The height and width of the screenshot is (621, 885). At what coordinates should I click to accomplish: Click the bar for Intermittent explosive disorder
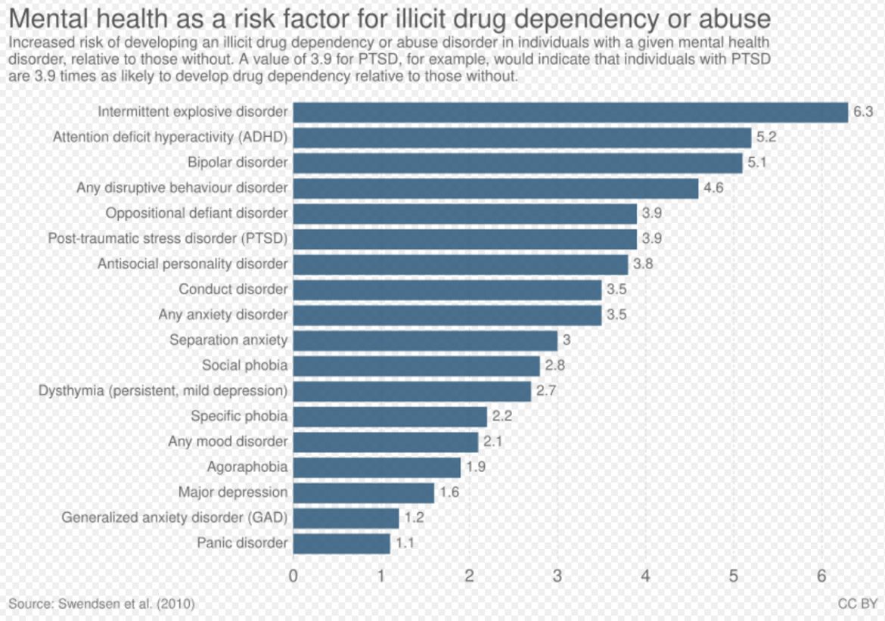[570, 112]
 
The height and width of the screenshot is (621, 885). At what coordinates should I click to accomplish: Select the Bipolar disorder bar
[517, 163]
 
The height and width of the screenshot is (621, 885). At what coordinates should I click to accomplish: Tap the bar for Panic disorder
[341, 543]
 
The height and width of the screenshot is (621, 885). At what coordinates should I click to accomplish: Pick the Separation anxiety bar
[425, 340]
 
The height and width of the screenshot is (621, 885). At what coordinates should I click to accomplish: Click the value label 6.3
[863, 112]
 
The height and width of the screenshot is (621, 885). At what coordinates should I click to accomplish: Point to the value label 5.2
[766, 137]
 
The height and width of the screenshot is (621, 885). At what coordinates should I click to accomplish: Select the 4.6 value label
[713, 188]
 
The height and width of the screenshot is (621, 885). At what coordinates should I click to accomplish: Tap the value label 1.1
[405, 543]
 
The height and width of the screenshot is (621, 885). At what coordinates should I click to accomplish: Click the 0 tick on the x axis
[293, 576]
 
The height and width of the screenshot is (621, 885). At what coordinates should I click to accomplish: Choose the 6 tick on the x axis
[821, 576]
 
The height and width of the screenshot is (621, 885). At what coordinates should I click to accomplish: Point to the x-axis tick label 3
[557, 576]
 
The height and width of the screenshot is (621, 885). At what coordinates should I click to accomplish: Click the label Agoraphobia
[247, 467]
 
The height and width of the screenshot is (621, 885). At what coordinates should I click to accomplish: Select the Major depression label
[233, 492]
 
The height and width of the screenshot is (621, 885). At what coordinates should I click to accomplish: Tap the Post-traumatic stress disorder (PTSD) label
[168, 238]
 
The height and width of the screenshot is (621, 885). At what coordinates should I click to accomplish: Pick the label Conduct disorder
[233, 289]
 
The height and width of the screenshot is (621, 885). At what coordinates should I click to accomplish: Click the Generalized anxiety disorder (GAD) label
[175, 518]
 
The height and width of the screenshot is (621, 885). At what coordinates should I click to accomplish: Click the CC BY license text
[857, 604]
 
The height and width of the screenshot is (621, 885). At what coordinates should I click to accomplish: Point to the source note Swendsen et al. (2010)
[102, 604]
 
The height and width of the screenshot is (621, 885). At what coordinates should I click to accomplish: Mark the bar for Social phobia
[417, 365]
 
